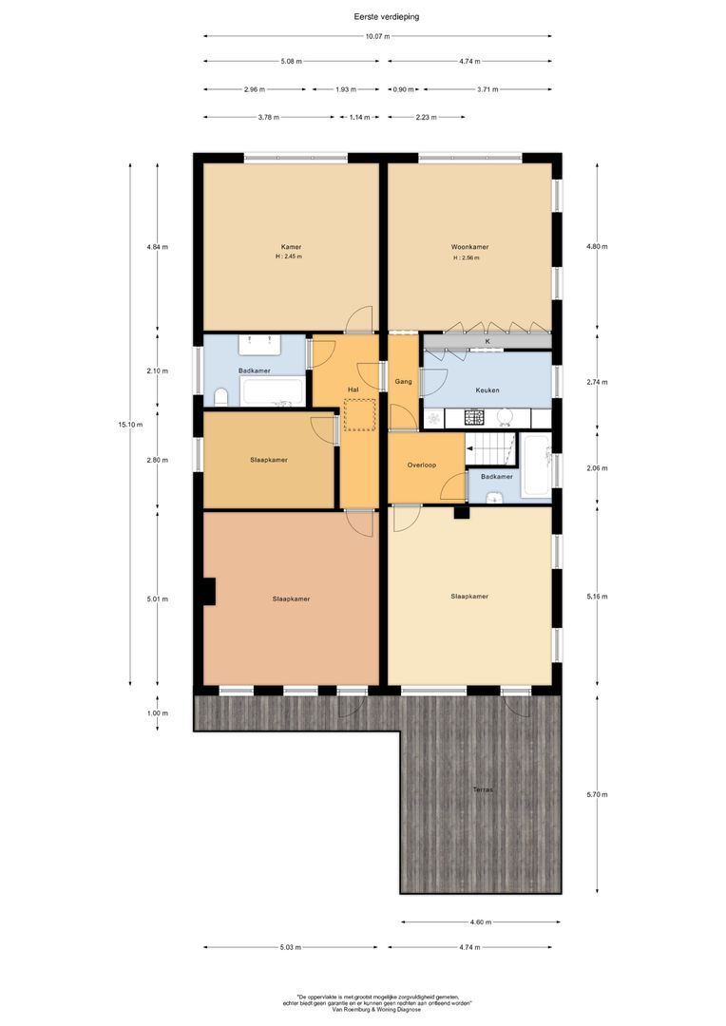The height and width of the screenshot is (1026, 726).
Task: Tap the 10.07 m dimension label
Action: [x=377, y=37]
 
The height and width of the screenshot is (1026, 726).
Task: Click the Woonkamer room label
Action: [x=469, y=246]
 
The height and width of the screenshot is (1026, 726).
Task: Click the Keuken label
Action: [x=487, y=389]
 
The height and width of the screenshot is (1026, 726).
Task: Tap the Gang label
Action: [x=403, y=381]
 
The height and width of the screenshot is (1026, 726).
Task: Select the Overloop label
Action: [x=421, y=465]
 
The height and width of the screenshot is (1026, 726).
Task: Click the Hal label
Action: [x=353, y=389]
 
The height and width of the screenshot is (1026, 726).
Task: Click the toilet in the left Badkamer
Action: [x=221, y=396]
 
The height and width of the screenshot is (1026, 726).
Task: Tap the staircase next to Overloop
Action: [x=490, y=448]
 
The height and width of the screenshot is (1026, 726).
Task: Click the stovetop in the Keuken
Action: [x=474, y=417]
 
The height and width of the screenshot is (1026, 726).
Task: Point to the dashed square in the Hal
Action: [x=359, y=416]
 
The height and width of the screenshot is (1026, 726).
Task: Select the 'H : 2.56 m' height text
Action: [x=465, y=258]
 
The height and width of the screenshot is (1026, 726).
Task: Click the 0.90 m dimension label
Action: [x=403, y=89]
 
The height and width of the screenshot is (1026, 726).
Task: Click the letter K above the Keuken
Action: [x=487, y=340]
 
